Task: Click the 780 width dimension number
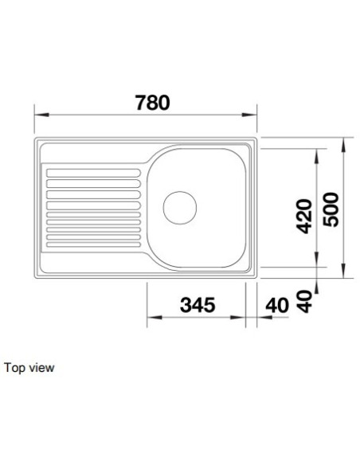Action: (152, 103)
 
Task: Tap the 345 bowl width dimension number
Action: (198, 305)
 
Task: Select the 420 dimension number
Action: (304, 217)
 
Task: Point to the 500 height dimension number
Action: (331, 209)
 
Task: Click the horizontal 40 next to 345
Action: (277, 306)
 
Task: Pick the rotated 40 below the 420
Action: (304, 302)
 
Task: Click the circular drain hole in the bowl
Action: (180, 208)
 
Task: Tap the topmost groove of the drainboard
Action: (93, 173)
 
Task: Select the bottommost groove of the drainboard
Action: (93, 244)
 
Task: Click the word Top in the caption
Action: (14, 368)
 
